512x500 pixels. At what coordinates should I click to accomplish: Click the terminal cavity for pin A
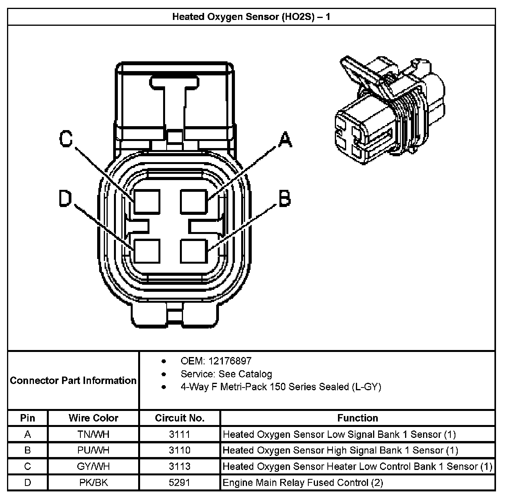coord(194,201)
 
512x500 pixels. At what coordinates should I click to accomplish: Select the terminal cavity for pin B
coord(194,251)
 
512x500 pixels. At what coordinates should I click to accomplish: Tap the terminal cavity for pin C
coord(147,201)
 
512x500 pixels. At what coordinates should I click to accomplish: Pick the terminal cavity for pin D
coord(147,251)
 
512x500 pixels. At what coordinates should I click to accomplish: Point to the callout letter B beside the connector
coord(284,198)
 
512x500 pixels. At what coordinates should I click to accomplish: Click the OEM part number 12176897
coord(230,361)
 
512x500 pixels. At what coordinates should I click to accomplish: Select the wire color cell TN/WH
coord(93,434)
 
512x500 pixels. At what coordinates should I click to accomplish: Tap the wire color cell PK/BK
coord(93,483)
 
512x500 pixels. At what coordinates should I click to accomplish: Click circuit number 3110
coord(180,450)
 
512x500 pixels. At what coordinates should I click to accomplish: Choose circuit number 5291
coord(180,483)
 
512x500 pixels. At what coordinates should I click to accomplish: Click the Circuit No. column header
coord(180,418)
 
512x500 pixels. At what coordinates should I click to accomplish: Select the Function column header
coord(357,418)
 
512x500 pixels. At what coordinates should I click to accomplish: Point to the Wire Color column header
coord(93,418)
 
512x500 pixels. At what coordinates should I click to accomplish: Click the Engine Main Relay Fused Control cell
coord(302,483)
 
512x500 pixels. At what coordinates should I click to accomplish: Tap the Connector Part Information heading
coord(73,380)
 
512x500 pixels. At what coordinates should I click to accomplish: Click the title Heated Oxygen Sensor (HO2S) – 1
coord(251,17)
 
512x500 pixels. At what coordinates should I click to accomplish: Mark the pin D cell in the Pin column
coord(28,483)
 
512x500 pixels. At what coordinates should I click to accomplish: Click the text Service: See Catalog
coord(226,374)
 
